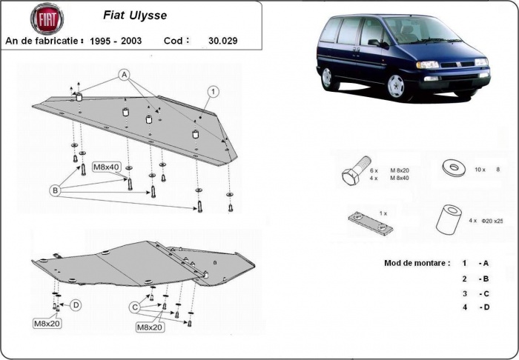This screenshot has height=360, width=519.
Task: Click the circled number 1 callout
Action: click(x=213, y=91)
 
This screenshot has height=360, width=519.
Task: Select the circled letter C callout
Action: click(x=135, y=307)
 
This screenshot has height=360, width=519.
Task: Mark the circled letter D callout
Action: click(x=76, y=304)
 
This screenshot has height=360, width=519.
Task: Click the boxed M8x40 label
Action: click(x=108, y=167)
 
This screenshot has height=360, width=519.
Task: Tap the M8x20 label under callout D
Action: click(x=47, y=324)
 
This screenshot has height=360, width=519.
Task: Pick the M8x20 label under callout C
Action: click(x=150, y=327)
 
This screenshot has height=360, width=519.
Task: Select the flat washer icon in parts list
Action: click(x=449, y=167)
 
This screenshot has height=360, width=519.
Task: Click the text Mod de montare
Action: click(x=417, y=263)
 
